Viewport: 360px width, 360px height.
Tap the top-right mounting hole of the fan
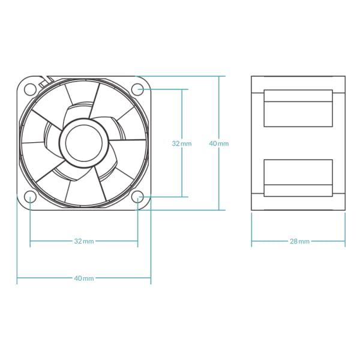[x=137, y=89]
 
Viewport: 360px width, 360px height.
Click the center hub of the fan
[x=83, y=143]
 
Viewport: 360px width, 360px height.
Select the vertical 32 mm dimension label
[x=182, y=143]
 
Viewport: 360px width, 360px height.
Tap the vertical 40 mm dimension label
[x=218, y=143]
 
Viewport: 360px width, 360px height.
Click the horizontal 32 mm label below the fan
[x=84, y=241]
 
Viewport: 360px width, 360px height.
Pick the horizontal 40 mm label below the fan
[x=84, y=278]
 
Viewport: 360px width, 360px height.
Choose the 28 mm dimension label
[x=299, y=241]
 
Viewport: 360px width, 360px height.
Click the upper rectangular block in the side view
[x=298, y=108]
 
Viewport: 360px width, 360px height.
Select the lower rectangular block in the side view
[x=298, y=178]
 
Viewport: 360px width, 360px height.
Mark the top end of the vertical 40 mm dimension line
[x=219, y=77]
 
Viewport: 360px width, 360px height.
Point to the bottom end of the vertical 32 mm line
[x=182, y=196]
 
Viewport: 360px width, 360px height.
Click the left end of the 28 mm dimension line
[x=252, y=241]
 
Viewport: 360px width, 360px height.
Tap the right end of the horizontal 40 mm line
[x=151, y=278]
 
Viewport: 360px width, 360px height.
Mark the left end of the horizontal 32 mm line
[x=31, y=241]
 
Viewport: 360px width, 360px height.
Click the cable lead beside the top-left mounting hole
[x=42, y=81]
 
